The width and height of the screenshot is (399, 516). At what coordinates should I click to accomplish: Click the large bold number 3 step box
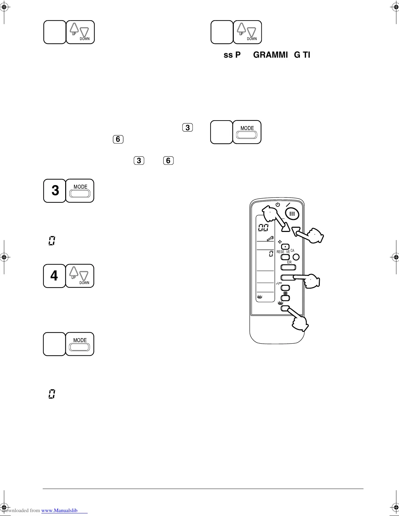coord(55,191)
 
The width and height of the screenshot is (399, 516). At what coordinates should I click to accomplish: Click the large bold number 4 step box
coord(54,276)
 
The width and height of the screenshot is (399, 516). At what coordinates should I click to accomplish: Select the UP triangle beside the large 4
coord(74,272)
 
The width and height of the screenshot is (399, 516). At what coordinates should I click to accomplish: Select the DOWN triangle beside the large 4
coord(84,276)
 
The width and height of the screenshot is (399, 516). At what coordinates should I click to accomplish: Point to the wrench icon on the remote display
coord(270,239)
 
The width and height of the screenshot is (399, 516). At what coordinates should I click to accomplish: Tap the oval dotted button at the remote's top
coord(292,213)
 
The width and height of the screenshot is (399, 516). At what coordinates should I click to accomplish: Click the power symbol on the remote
coord(277,205)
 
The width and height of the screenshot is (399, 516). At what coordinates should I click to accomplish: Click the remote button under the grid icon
coord(285,298)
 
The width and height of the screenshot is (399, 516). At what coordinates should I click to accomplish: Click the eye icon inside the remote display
coord(260,297)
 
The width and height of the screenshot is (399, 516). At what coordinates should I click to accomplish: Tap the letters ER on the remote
coord(289,262)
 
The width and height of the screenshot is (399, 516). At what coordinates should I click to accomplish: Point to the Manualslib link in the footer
coord(60,510)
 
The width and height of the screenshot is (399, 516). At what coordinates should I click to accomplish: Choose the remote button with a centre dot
coord(285,247)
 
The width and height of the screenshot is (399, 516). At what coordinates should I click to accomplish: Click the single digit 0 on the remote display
coord(271,254)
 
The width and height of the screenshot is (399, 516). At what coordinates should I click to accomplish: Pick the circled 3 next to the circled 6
coord(139,161)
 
